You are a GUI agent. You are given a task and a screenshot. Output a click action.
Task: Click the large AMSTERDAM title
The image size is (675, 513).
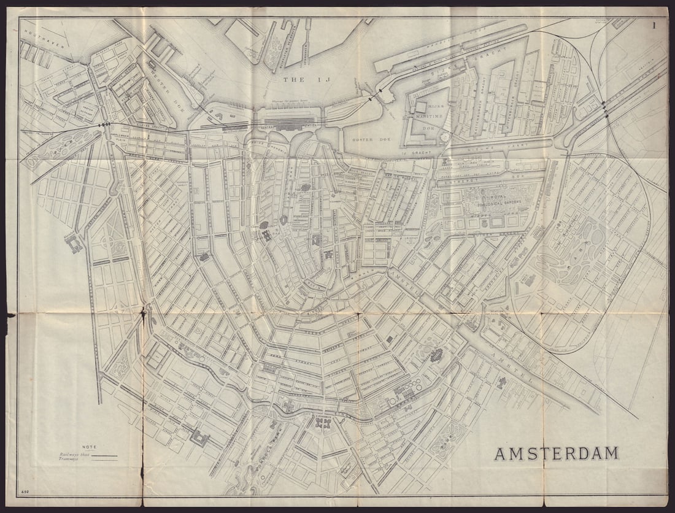tap(557, 453)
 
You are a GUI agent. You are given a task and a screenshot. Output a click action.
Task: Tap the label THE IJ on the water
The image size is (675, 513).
tap(302, 80)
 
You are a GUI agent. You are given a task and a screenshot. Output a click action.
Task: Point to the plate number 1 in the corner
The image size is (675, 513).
tap(655, 25)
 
